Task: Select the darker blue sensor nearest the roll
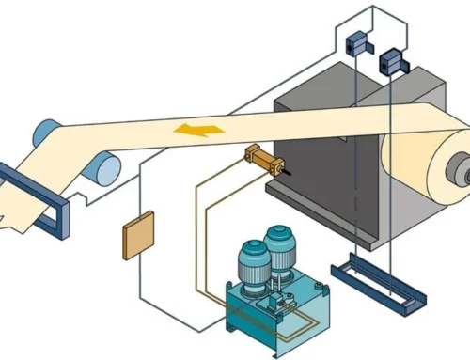(391, 63)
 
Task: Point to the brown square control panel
(138, 235)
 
